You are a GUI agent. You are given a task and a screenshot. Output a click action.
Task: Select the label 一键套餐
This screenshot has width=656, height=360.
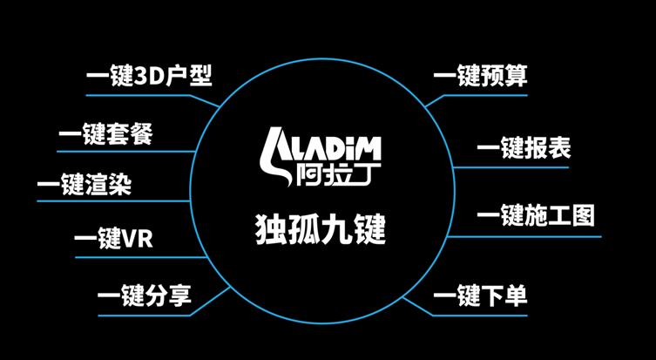[105, 135]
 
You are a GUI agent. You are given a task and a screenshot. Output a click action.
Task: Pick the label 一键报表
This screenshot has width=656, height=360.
[524, 149]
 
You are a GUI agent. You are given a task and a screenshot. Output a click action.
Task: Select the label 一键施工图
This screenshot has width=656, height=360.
[535, 216]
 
